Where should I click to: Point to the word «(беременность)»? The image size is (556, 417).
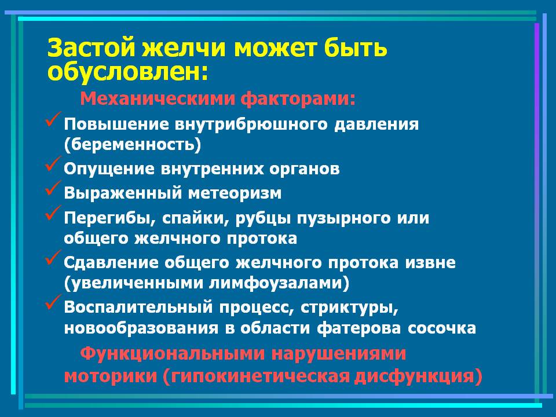tap(132, 144)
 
